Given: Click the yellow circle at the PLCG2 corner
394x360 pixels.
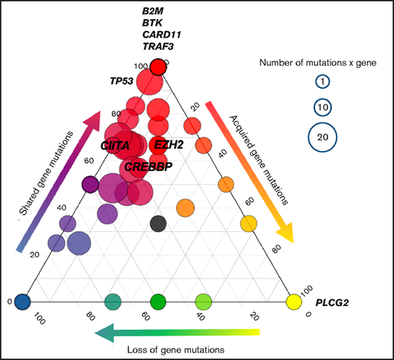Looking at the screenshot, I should (293, 302).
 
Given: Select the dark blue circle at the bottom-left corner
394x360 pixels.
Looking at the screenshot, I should (23, 302).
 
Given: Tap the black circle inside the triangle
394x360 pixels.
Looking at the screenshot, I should (158, 223).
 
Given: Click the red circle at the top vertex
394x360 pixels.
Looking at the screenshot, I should (158, 68).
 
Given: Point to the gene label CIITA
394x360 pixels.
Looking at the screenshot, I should (116, 144).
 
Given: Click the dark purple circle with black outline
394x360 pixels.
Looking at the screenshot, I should (90, 184).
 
